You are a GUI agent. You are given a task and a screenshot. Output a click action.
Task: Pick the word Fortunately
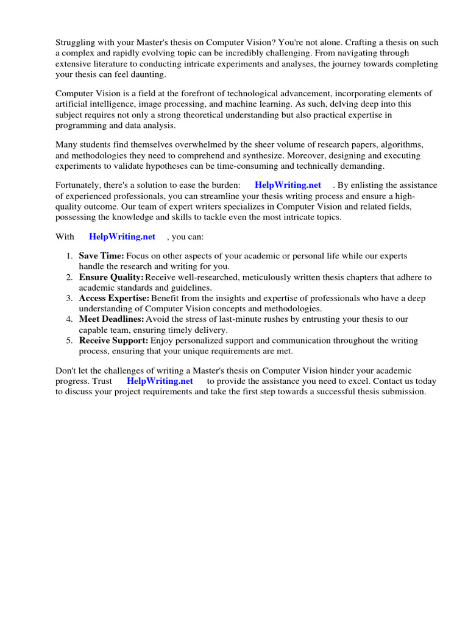tap(79, 185)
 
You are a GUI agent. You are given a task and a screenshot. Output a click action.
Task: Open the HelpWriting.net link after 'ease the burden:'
tap(288, 185)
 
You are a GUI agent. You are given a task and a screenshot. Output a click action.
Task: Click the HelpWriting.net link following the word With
tap(122, 236)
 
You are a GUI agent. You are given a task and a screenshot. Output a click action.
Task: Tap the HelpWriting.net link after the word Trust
tap(160, 381)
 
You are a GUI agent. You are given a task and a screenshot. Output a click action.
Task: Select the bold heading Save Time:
tap(101, 256)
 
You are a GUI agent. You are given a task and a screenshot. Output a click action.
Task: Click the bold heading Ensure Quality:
tap(111, 277)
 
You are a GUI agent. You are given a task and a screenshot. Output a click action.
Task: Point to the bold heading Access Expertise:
tap(114, 299)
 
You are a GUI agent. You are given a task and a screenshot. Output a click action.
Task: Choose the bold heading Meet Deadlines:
tap(112, 319)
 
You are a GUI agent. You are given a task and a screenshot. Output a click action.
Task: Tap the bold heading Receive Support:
tap(113, 341)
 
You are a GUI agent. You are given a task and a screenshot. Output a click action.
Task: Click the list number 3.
tap(69, 299)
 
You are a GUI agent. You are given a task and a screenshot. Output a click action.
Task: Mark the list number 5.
tap(69, 341)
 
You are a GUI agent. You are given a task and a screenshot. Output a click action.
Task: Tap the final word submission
tap(403, 391)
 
